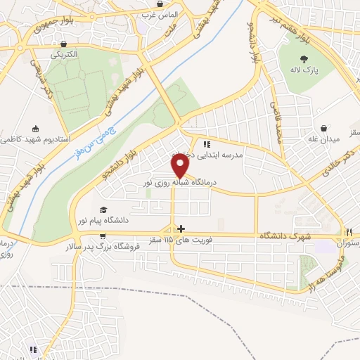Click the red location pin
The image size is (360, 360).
(x=181, y=165)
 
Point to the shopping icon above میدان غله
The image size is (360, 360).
(x=323, y=128)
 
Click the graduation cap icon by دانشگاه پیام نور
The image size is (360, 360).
(x=103, y=210)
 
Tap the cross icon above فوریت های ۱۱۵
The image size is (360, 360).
(x=181, y=229)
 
